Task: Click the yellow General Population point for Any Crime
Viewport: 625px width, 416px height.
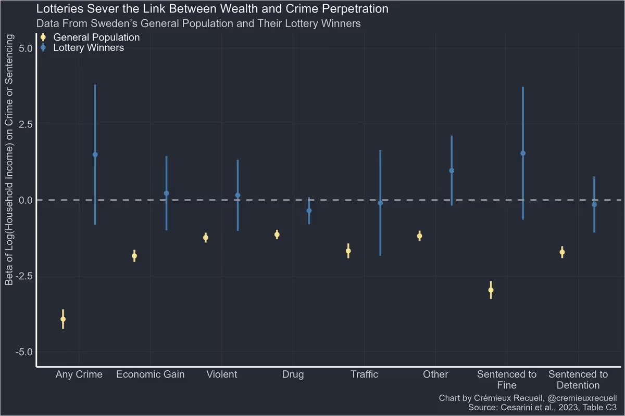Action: pyautogui.click(x=63, y=319)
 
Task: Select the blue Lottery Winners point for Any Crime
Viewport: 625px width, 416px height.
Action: pyautogui.click(x=95, y=154)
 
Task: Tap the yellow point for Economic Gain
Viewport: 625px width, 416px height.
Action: pyautogui.click(x=134, y=256)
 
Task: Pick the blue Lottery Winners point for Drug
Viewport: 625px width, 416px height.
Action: pyautogui.click(x=309, y=211)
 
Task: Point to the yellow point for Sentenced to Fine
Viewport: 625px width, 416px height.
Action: pyautogui.click(x=491, y=290)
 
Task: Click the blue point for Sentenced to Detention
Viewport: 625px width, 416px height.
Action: pyautogui.click(x=594, y=204)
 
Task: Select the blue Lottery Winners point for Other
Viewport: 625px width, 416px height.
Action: pyautogui.click(x=452, y=171)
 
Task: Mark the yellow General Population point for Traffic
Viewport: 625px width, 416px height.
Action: pyautogui.click(x=348, y=251)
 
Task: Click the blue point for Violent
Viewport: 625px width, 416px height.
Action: pyautogui.click(x=238, y=195)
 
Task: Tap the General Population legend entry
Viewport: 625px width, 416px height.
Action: pyautogui.click(x=96, y=37)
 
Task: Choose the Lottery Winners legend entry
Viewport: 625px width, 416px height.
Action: pyautogui.click(x=89, y=48)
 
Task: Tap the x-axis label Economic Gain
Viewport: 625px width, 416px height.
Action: pyautogui.click(x=150, y=374)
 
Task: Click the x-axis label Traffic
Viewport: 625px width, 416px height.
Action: pyautogui.click(x=364, y=374)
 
